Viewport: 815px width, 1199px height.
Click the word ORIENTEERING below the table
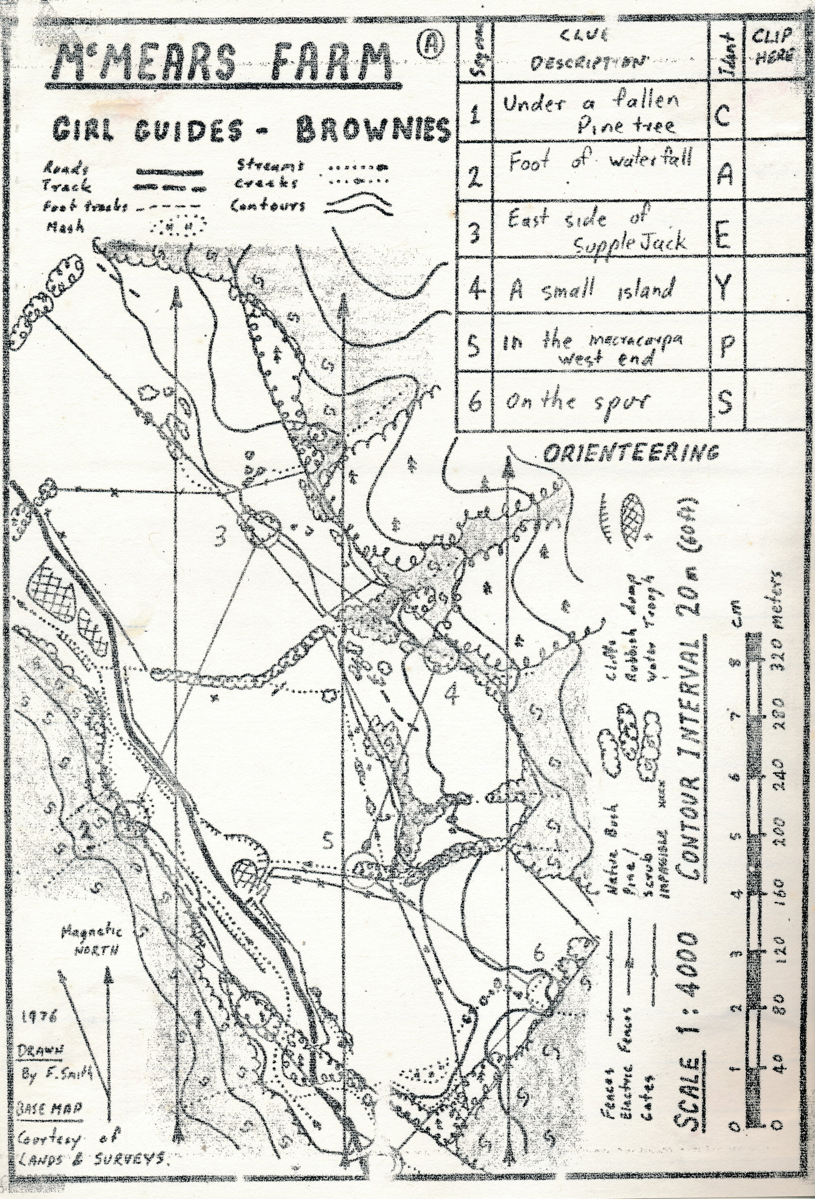631,453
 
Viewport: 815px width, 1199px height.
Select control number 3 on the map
221,539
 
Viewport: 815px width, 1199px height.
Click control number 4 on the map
452,697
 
